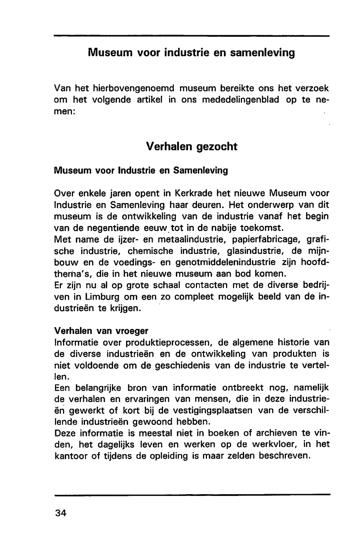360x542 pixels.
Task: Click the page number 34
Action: click(61, 513)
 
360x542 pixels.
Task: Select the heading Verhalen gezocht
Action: click(192, 147)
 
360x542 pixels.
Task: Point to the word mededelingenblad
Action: click(240, 99)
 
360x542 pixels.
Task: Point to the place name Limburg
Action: click(103, 297)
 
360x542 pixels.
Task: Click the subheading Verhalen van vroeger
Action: click(101, 331)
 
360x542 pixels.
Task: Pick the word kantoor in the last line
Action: click(71, 456)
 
